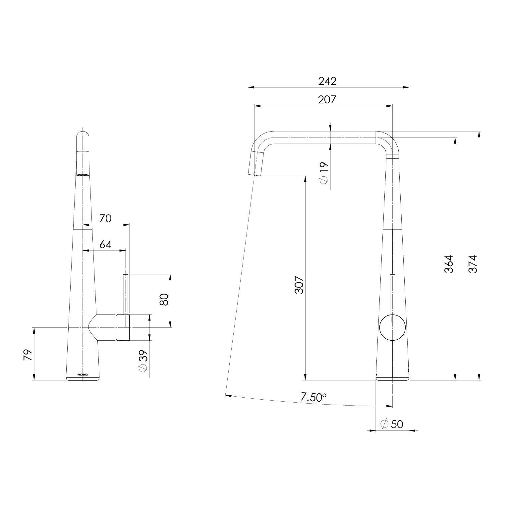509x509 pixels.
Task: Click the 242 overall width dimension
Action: tap(327, 81)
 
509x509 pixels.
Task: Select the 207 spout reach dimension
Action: tap(327, 99)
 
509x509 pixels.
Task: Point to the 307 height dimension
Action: tap(299, 285)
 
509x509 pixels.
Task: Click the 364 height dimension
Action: tap(449, 264)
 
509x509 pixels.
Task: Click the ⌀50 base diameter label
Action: tap(392, 424)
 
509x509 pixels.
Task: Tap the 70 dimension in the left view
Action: tap(105, 219)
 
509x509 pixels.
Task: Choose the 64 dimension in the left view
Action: tap(105, 245)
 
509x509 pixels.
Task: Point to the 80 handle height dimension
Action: tap(165, 300)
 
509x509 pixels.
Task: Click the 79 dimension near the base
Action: tap(28, 355)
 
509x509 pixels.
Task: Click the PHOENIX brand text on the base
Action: tap(83, 374)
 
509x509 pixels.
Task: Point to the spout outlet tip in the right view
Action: tap(255, 174)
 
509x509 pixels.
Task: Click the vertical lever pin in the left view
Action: tap(126, 293)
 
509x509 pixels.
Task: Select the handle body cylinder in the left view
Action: tap(123, 327)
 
